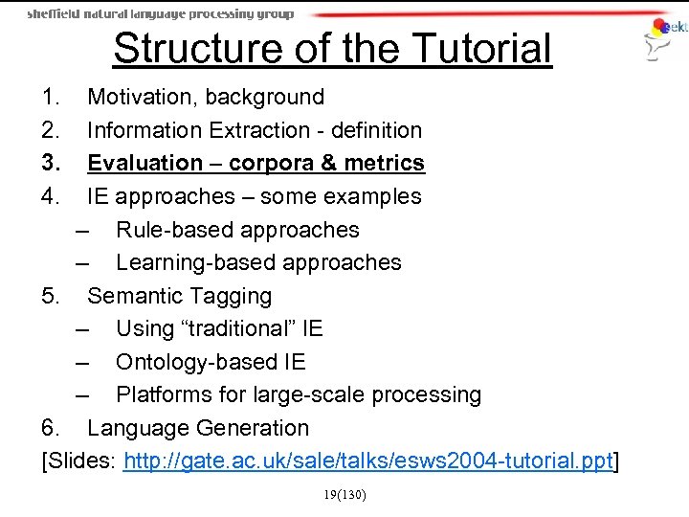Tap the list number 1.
point(50,97)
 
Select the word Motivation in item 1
point(142,97)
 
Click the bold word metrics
point(384,164)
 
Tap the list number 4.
point(50,197)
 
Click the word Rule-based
point(172,230)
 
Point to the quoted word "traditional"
point(239,328)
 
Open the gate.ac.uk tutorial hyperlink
point(367,462)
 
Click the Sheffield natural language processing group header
point(160,14)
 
